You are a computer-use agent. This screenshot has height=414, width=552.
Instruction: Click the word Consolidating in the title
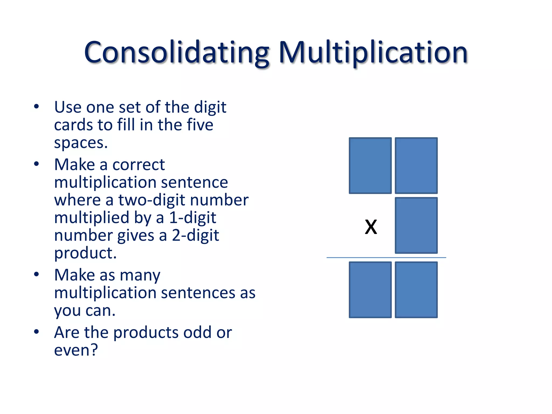tap(177, 53)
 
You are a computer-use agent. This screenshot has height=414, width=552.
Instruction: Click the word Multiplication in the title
tap(373, 53)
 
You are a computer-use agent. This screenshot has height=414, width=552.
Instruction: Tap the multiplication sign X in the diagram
tap(371, 227)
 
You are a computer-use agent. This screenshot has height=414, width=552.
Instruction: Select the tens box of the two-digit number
tap(370, 165)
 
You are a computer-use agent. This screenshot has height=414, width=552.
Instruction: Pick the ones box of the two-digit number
tap(416, 165)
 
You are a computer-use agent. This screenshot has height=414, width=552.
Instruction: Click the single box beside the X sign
tap(416, 225)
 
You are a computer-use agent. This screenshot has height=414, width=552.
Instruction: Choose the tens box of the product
tap(370, 290)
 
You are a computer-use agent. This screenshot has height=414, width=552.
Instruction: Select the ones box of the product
tap(416, 290)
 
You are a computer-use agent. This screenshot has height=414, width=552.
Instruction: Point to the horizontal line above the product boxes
tap(386, 258)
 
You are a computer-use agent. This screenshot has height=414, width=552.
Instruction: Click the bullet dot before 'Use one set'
tap(36, 107)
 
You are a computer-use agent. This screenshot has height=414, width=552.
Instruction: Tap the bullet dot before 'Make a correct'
tap(36, 164)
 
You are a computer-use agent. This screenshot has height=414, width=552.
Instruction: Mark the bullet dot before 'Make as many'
tap(36, 274)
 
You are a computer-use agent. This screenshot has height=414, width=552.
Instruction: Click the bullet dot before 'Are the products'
tap(36, 332)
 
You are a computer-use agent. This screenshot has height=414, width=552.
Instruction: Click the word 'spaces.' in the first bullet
tap(81, 143)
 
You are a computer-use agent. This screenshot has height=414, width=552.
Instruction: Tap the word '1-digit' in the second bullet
tap(192, 218)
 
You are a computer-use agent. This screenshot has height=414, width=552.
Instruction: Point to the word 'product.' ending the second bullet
tap(85, 253)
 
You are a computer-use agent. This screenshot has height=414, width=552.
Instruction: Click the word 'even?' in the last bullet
tap(76, 350)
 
